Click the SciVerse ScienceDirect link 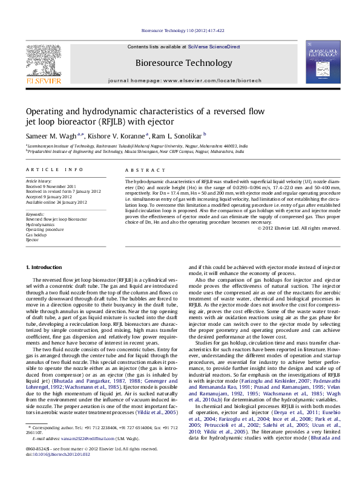214,47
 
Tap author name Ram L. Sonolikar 177,136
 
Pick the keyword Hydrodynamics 39,224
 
